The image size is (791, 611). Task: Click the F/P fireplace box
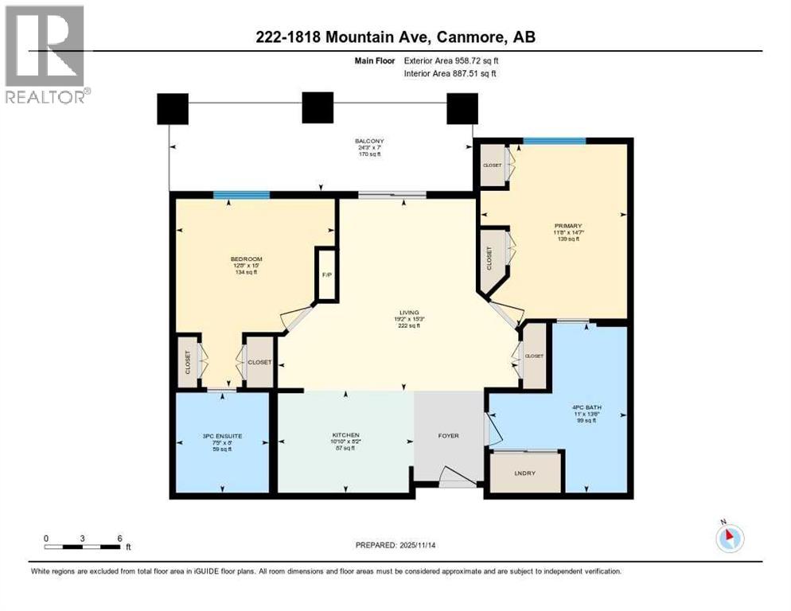click(326, 274)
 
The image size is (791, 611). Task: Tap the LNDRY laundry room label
click(526, 474)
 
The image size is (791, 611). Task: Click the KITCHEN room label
click(345, 435)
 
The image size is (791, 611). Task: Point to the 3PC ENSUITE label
click(221, 435)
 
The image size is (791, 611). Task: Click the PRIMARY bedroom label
click(568, 225)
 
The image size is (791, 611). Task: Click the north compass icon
click(729, 538)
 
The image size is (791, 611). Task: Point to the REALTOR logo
click(45, 53)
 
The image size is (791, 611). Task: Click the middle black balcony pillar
click(317, 107)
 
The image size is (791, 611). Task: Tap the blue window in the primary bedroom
click(554, 141)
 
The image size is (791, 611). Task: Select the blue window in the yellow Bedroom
click(241, 195)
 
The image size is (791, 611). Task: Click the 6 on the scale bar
click(119, 538)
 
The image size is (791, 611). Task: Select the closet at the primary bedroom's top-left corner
click(493, 165)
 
